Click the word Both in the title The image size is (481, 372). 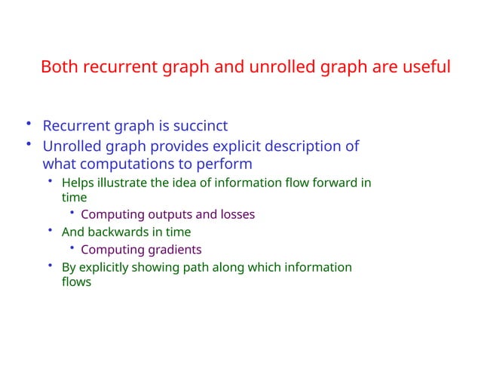pos(59,67)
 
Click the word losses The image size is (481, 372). pos(237,214)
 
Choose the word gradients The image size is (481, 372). pos(173,250)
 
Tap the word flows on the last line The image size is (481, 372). pos(76,282)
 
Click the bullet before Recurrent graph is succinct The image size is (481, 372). pos(28,124)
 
